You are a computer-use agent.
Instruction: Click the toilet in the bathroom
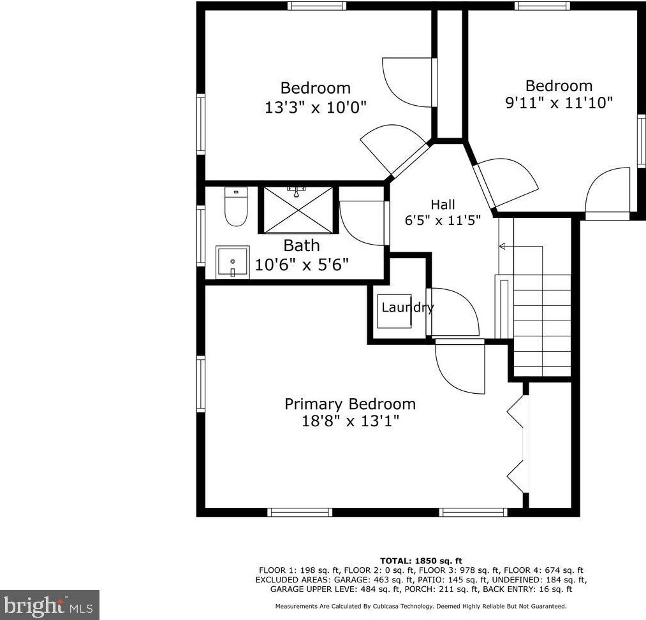click(236, 208)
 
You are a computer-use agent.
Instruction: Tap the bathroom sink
click(233, 261)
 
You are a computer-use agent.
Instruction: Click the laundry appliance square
click(394, 311)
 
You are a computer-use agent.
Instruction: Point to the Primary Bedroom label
click(349, 404)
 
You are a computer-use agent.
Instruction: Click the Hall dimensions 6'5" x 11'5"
click(443, 220)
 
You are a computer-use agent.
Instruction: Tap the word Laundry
click(407, 308)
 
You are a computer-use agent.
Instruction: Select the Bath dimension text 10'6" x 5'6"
click(302, 264)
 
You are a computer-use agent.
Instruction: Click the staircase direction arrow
click(503, 246)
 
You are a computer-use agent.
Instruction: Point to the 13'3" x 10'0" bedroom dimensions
click(316, 106)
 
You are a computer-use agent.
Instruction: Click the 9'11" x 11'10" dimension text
click(559, 102)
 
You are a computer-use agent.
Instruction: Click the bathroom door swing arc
click(363, 223)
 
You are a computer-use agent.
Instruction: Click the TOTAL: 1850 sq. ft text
click(421, 561)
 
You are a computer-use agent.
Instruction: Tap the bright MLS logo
click(50, 604)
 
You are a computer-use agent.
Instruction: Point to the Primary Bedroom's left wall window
click(201, 384)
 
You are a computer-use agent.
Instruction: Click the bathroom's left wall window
click(201, 234)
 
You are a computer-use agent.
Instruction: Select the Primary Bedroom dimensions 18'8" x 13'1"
click(349, 421)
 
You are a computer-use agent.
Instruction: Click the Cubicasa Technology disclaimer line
click(421, 607)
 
